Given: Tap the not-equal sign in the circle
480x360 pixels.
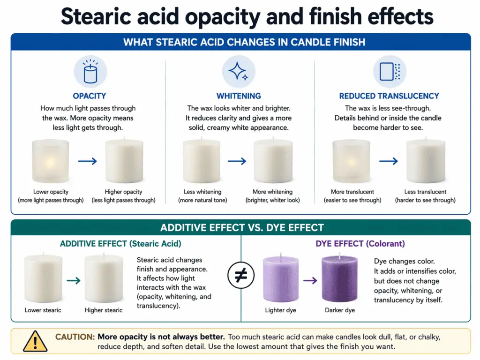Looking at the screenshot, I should point(240,275).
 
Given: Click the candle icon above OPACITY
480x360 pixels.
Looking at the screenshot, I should point(90,73).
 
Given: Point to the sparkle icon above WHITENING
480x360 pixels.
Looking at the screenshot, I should point(239,72).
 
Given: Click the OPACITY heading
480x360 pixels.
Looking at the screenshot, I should point(90,96).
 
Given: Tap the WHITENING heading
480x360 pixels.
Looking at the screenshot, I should point(239,96).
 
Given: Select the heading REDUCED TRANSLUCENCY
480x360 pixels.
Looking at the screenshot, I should point(389,96).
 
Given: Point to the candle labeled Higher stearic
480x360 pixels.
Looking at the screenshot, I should point(104,280).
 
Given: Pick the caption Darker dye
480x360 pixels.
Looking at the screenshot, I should point(340,310).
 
